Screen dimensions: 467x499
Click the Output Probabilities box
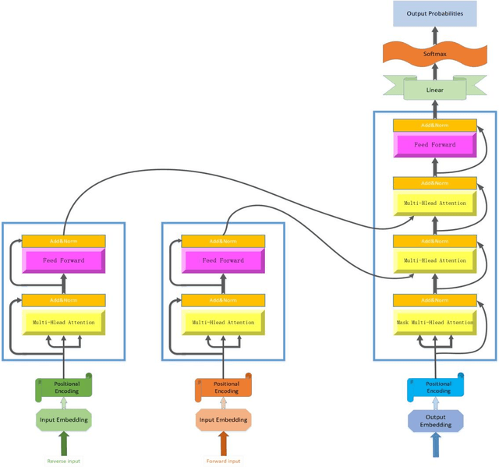click(x=434, y=13)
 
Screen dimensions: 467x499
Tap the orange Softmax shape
click(x=434, y=54)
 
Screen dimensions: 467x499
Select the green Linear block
click(x=434, y=90)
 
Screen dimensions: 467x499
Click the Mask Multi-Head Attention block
click(x=434, y=322)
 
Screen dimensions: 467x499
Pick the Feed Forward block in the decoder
click(x=434, y=145)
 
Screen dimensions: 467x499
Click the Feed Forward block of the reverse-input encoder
click(x=63, y=260)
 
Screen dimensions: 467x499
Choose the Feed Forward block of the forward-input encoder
click(x=223, y=260)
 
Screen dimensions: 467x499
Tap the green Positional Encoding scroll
click(x=65, y=387)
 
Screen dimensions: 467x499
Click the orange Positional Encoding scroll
click(x=225, y=387)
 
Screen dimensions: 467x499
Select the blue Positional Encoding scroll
click(x=437, y=387)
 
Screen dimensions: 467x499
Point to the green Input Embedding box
click(x=64, y=420)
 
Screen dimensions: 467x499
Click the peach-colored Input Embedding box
click(x=223, y=420)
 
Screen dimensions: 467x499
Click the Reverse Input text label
click(x=63, y=461)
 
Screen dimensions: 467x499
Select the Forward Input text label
click(x=223, y=461)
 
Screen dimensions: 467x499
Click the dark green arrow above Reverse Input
click(x=64, y=444)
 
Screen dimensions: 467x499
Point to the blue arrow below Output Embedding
click(x=436, y=445)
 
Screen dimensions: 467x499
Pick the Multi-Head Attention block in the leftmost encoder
click(x=63, y=322)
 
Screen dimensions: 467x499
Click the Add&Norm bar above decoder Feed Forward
click(x=434, y=125)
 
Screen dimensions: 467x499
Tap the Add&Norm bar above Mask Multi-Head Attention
click(x=434, y=300)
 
